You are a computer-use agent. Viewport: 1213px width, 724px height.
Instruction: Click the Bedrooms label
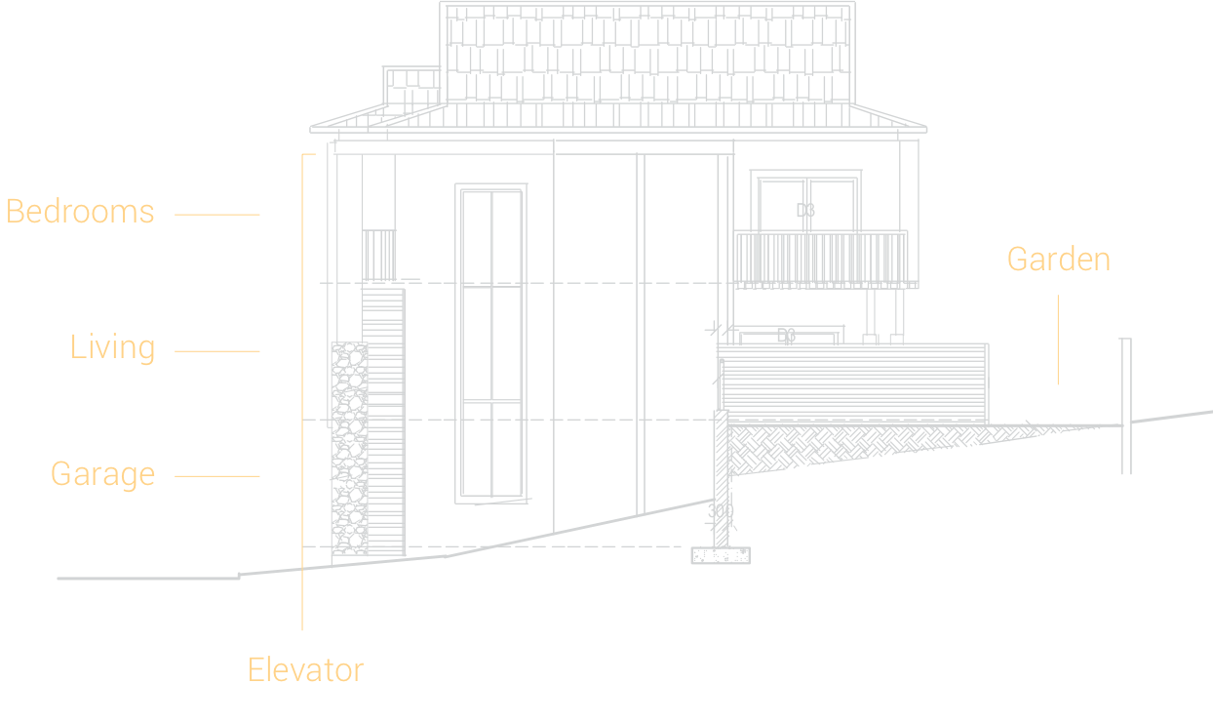pyautogui.click(x=81, y=212)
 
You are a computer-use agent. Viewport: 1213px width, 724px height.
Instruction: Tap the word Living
pyautogui.click(x=113, y=347)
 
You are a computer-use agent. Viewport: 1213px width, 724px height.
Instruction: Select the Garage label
pyautogui.click(x=103, y=474)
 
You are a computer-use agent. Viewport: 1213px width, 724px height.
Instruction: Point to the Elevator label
pyautogui.click(x=305, y=670)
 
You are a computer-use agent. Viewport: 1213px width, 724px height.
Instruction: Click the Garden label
pyautogui.click(x=1058, y=260)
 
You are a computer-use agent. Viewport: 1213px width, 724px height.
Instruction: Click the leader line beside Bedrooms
pyautogui.click(x=217, y=215)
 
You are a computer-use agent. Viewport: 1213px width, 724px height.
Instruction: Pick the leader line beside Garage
pyautogui.click(x=217, y=476)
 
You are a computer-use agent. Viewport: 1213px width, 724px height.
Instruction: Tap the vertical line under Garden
pyautogui.click(x=1058, y=340)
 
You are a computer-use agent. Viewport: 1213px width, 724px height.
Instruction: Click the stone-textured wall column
pyautogui.click(x=348, y=449)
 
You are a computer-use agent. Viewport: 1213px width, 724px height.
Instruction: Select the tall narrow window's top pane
pyautogui.click(x=491, y=237)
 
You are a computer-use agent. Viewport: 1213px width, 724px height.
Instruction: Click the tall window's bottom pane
pyautogui.click(x=491, y=449)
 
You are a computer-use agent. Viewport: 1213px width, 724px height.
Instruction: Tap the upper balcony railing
pyautogui.click(x=821, y=259)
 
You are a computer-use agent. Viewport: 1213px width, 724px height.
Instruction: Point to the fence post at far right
pyautogui.click(x=1125, y=405)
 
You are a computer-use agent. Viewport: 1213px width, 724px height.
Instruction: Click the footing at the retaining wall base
pyautogui.click(x=722, y=556)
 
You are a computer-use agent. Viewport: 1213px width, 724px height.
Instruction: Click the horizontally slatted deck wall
pyautogui.click(x=854, y=382)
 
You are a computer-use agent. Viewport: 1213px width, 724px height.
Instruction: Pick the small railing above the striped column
pyautogui.click(x=379, y=254)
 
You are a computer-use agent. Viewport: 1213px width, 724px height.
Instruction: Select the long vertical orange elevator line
pyautogui.click(x=302, y=390)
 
